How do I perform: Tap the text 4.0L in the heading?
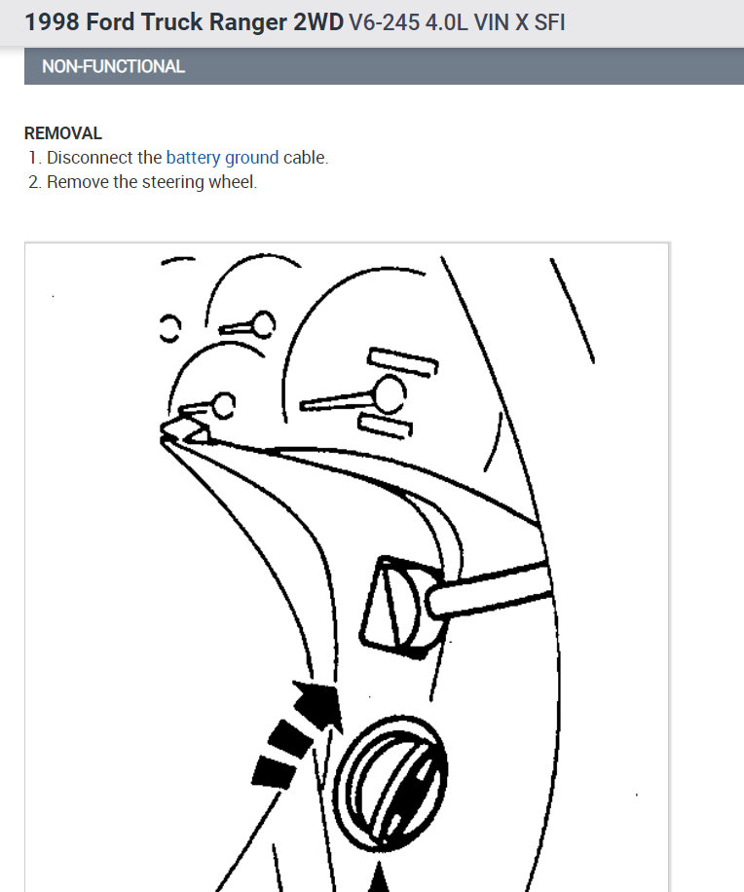[443, 21]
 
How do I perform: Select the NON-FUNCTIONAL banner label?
[113, 67]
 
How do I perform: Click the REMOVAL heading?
[63, 133]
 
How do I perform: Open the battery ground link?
[222, 158]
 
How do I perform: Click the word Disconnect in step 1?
[90, 158]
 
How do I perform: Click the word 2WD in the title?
[317, 21]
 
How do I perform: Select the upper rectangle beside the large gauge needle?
[402, 362]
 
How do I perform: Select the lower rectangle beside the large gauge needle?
[386, 424]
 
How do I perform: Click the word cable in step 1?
[305, 158]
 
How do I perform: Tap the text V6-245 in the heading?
[380, 21]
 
